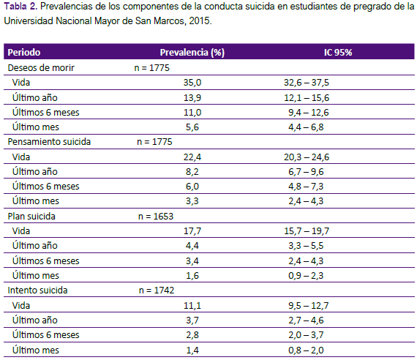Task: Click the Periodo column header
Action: pos(24,53)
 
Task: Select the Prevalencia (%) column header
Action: pos(192,53)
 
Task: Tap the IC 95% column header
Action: pos(338,53)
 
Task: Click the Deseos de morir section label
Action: pos(41,68)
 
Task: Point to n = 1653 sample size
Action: pos(156,217)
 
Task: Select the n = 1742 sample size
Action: pos(157,290)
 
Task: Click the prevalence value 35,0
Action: pos(192,83)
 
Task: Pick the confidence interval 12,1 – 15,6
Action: pos(307,98)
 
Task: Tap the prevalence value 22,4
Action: pos(192,157)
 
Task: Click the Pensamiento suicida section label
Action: pos(49,142)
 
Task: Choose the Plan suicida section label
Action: pos(31,217)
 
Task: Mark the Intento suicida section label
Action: pos(37,290)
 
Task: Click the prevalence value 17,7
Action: pos(192,231)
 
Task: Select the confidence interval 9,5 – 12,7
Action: pos(309,306)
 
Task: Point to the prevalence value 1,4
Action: pos(192,350)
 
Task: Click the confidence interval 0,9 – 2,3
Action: pos(306,276)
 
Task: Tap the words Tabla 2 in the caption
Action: pos(20,7)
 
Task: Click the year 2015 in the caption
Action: pos(200,20)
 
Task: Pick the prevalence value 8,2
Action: pos(192,172)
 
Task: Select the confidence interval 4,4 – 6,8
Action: pos(306,127)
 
